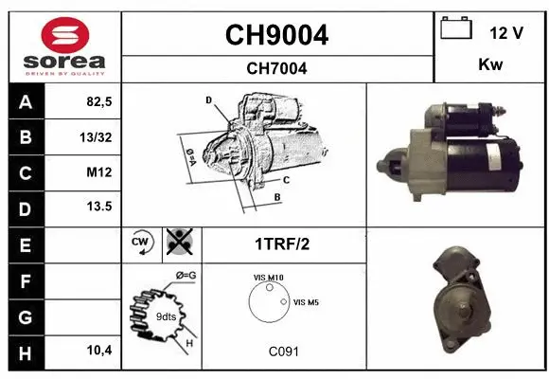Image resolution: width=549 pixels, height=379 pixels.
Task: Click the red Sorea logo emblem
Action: tap(65, 35)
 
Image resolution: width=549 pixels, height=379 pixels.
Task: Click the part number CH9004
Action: tap(276, 35)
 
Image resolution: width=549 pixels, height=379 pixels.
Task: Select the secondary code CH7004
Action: tap(276, 68)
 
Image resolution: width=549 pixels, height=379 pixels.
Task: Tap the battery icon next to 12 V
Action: tap(456, 27)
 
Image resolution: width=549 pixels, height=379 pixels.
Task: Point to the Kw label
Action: tap(490, 64)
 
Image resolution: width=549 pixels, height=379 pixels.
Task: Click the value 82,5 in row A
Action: tap(99, 101)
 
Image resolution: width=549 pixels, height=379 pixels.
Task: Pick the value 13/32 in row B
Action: tap(96, 137)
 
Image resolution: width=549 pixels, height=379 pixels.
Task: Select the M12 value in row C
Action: tap(99, 172)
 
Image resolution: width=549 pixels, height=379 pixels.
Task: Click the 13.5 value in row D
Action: tap(99, 207)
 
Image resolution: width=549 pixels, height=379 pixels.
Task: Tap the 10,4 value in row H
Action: tap(99, 350)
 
